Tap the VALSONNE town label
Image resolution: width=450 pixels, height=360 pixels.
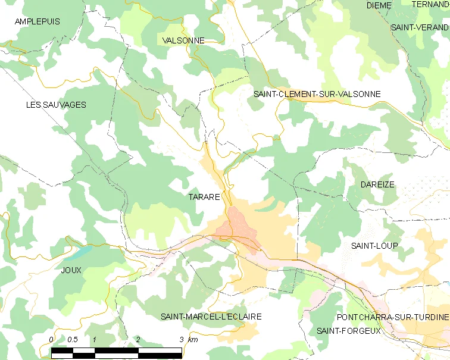click(183, 40)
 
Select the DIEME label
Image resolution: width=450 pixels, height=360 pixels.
click(379, 5)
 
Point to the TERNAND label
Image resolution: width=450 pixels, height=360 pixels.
click(430, 4)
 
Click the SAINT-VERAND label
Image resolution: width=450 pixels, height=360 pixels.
click(420, 27)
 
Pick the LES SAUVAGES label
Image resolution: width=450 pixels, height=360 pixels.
click(56, 105)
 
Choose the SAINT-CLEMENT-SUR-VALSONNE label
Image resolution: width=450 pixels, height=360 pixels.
click(317, 94)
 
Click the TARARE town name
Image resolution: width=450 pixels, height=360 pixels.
click(204, 196)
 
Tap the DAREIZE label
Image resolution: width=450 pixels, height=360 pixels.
click(377, 184)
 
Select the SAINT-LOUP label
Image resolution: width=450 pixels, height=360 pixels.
click(374, 245)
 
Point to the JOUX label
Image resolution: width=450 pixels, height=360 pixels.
click(71, 270)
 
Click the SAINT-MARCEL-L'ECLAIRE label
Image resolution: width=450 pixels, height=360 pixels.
click(211, 317)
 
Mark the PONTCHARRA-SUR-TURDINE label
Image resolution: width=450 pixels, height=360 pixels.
click(392, 317)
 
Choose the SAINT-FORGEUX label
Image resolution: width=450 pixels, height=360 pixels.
click(348, 331)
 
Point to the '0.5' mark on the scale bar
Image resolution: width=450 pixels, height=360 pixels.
click(73, 340)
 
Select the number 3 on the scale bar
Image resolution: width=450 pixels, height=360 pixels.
click(182, 340)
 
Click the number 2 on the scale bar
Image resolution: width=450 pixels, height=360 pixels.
click(138, 340)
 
